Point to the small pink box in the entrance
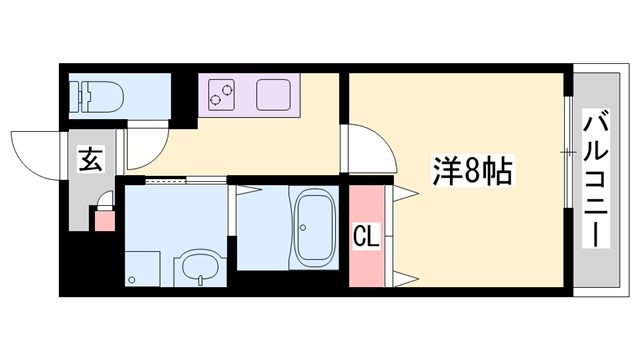click(103, 219)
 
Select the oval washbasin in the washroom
click(197, 269)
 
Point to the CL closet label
click(365, 238)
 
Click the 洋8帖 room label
click(473, 170)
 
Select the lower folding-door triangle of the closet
click(405, 276)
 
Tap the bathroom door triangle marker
click(240, 190)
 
